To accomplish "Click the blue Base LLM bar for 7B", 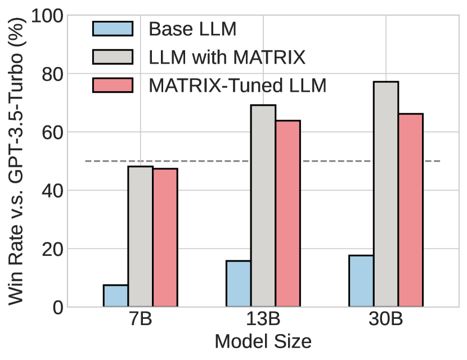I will (116, 296).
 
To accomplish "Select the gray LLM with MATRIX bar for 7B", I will (141, 236).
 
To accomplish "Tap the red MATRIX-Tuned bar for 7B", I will (165, 237).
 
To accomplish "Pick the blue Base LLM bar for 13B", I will (239, 283).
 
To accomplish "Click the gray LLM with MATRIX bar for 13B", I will (263, 206).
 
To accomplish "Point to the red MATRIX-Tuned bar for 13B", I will (288, 214).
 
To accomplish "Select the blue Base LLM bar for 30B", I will (361, 281).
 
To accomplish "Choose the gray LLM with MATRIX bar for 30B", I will (386, 194).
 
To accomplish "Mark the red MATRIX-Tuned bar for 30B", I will (411, 210).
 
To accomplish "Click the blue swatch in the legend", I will (113, 29).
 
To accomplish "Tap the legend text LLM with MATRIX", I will (227, 57).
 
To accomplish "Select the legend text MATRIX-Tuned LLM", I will (238, 85).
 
